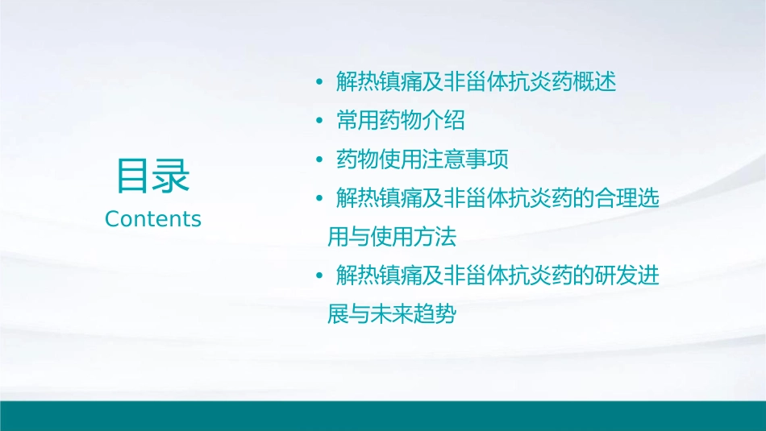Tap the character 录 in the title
[172, 176]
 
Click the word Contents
[153, 218]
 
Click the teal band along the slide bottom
[383, 416]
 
